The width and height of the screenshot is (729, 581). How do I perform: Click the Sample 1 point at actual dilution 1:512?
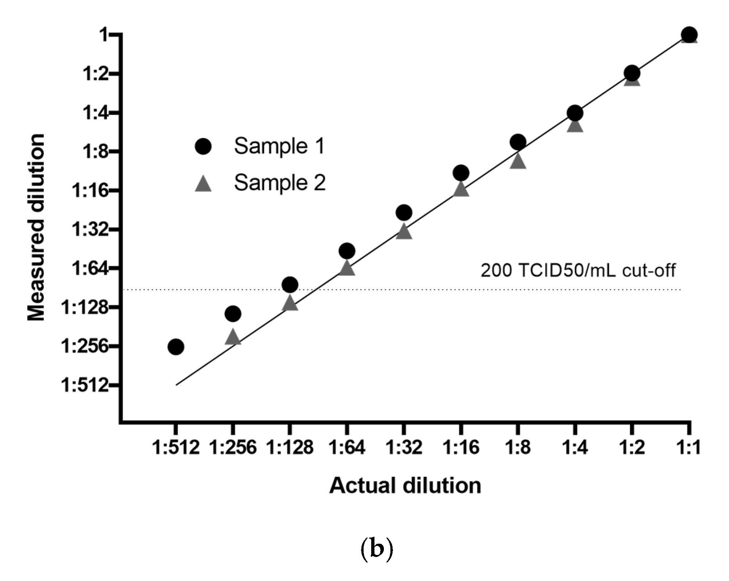(x=176, y=347)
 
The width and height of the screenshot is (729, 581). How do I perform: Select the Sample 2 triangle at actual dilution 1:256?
(x=232, y=337)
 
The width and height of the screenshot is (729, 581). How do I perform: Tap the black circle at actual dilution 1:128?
(x=290, y=285)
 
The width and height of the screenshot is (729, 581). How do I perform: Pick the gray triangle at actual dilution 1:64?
(x=347, y=268)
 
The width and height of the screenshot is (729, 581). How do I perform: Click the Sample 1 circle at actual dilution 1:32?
(x=404, y=212)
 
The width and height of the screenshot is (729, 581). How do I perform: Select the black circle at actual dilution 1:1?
(x=689, y=35)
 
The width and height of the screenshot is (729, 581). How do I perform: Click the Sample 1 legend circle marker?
(x=203, y=146)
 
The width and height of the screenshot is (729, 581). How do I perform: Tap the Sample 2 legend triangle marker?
(x=203, y=184)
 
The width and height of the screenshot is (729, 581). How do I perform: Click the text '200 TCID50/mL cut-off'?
(x=578, y=270)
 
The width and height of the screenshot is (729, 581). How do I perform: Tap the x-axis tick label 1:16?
(x=461, y=447)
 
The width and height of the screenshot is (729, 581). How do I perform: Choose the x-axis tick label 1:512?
(x=176, y=447)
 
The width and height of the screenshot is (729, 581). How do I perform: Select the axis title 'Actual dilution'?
(x=405, y=485)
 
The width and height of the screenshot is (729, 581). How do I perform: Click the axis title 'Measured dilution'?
(x=36, y=227)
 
